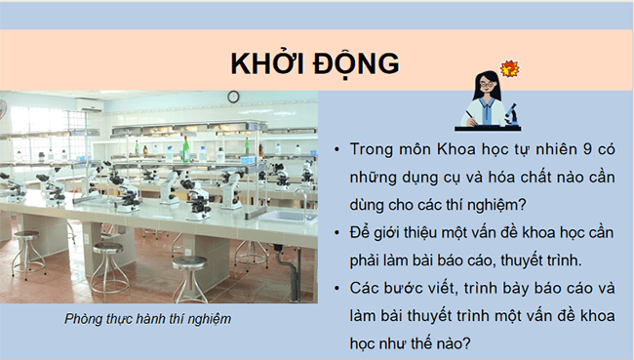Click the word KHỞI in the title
[x=271, y=63]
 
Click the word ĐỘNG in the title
[x=358, y=63]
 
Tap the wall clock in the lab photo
[x=233, y=96]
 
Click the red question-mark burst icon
[x=507, y=68]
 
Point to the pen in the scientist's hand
[x=469, y=114]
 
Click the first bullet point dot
[x=336, y=153]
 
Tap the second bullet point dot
[x=336, y=234]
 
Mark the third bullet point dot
[x=336, y=289]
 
